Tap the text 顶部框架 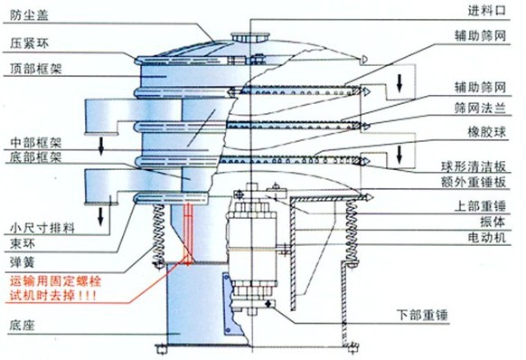point(33,68)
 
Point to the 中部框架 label point(33,143)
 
